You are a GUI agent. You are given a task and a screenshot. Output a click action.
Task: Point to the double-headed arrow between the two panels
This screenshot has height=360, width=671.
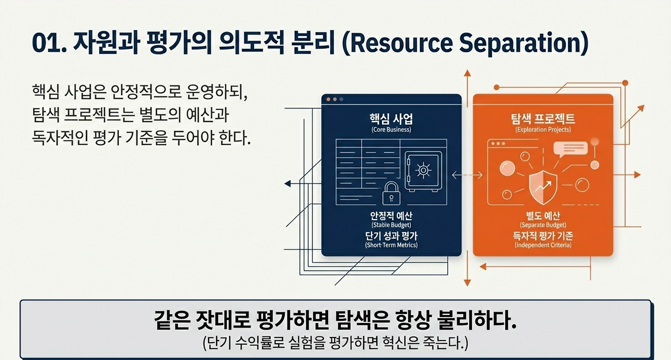tap(467, 174)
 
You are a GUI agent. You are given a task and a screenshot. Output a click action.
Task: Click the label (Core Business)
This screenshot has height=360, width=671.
tap(391, 129)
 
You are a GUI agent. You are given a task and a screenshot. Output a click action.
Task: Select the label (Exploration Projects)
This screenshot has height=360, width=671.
tap(543, 129)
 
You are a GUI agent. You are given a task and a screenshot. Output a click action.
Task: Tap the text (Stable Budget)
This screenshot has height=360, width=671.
tap(391, 225)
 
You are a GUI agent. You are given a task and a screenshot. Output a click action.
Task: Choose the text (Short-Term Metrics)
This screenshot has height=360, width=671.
tap(391, 245)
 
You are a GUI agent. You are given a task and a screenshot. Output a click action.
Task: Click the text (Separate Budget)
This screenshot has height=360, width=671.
tap(543, 225)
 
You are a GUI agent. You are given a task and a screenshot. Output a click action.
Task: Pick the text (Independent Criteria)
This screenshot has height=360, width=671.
tap(543, 245)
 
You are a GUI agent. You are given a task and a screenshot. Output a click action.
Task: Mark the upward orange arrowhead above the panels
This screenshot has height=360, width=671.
tap(467, 73)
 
